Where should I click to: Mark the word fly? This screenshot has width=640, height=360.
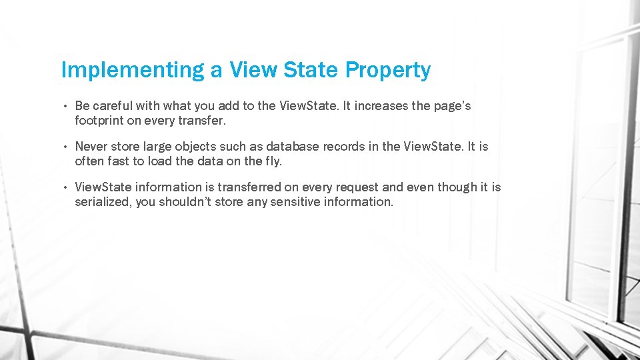coord(274,161)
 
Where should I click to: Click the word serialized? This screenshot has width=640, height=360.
coord(103,202)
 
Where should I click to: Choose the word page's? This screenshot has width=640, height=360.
coord(453,106)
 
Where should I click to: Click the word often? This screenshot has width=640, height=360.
coord(89,161)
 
